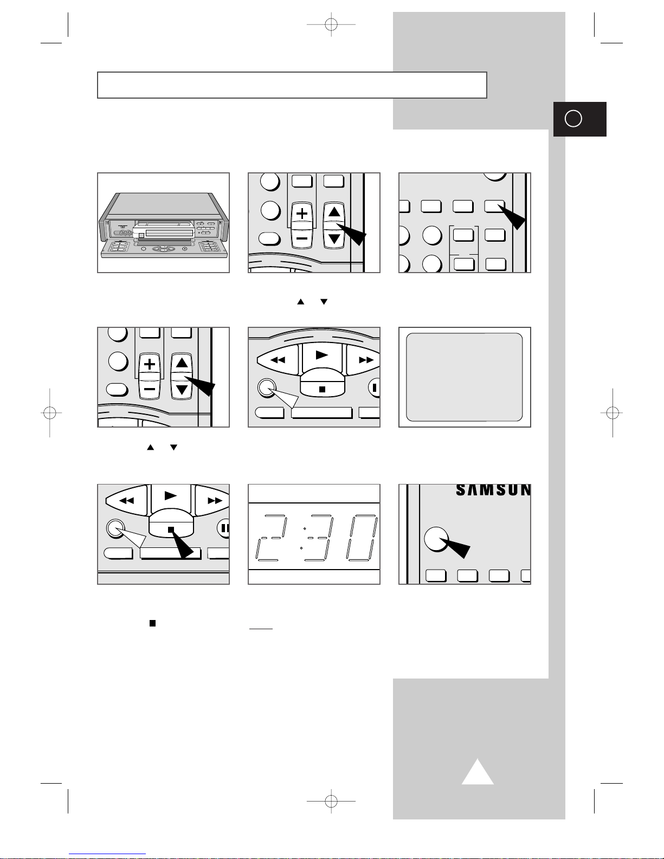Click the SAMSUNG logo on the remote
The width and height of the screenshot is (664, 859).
tap(493, 490)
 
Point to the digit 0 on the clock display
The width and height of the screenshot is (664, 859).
tap(362, 538)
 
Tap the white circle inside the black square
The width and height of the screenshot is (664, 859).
tap(573, 119)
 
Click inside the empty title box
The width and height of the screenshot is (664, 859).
tap(292, 85)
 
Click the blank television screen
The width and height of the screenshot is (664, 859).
tap(465, 377)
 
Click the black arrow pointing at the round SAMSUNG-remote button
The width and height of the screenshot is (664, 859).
tap(455, 547)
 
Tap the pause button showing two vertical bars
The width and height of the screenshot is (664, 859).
tap(224, 528)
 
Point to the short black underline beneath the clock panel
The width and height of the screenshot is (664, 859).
tap(261, 629)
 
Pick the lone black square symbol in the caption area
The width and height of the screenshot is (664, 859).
tap(152, 623)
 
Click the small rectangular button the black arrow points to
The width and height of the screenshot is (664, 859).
tap(494, 205)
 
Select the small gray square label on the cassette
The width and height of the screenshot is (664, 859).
tap(141, 235)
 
